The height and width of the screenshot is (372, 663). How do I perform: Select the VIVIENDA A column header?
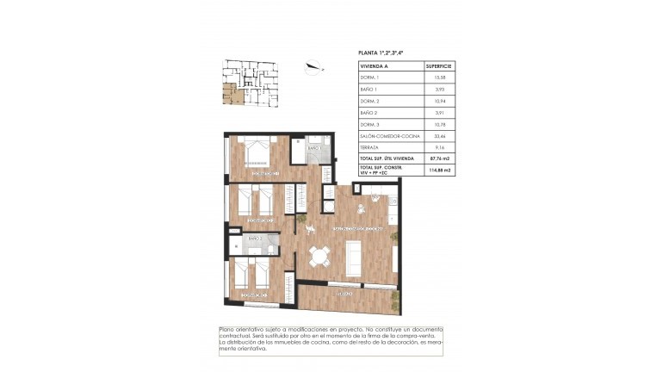(x=375, y=65)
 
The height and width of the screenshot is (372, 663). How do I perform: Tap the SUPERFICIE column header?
(x=439, y=65)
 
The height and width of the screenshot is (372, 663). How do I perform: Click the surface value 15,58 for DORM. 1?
(x=439, y=77)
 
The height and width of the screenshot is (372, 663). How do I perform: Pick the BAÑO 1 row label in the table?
(x=369, y=90)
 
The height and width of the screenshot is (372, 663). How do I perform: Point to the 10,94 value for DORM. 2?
(x=439, y=101)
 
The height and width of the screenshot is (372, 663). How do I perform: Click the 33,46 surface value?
(x=439, y=136)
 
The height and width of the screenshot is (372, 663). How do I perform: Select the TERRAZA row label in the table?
(x=370, y=147)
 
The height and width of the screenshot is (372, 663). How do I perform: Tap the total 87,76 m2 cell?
(x=439, y=158)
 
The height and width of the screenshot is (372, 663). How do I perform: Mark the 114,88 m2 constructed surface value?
(x=439, y=170)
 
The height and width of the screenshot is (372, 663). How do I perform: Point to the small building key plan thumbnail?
(x=249, y=84)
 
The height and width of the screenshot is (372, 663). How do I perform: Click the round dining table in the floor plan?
(x=319, y=255)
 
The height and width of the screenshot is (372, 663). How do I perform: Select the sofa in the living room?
(x=354, y=256)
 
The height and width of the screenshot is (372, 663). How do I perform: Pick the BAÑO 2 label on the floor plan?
(x=255, y=239)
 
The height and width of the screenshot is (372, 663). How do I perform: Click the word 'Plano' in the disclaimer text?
(x=227, y=330)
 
